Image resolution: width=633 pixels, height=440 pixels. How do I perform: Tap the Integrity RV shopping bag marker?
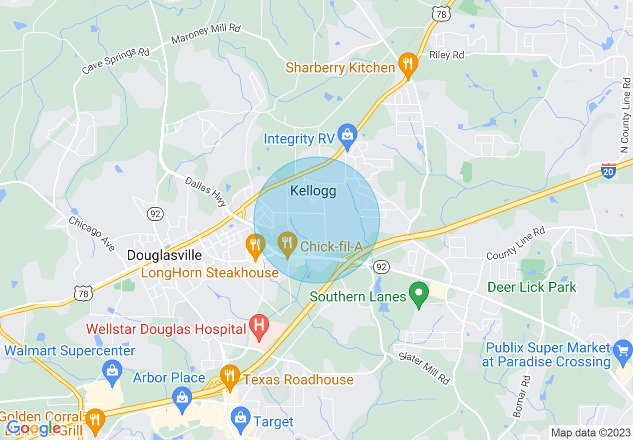tap(347, 134)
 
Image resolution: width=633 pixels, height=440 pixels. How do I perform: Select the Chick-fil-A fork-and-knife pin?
tap(287, 243)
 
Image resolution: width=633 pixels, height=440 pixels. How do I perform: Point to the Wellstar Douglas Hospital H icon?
tap(259, 325)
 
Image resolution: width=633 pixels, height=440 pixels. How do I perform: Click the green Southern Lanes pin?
tap(419, 292)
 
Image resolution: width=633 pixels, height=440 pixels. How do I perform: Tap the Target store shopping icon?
tap(241, 417)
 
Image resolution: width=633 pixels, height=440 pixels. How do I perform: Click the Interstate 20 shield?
tap(609, 171)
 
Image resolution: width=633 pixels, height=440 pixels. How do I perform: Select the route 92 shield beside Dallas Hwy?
tap(155, 213)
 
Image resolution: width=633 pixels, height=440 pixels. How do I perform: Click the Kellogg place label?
tap(313, 191)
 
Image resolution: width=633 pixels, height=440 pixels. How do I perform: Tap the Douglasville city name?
tap(164, 255)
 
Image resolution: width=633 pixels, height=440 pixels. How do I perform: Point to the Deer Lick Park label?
tap(532, 287)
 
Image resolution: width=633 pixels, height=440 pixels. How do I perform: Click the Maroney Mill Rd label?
tap(206, 33)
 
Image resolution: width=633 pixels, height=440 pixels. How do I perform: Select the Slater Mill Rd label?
tap(424, 368)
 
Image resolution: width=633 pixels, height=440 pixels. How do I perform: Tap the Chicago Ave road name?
tap(92, 233)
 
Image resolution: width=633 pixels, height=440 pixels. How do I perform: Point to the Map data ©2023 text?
tap(589, 432)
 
